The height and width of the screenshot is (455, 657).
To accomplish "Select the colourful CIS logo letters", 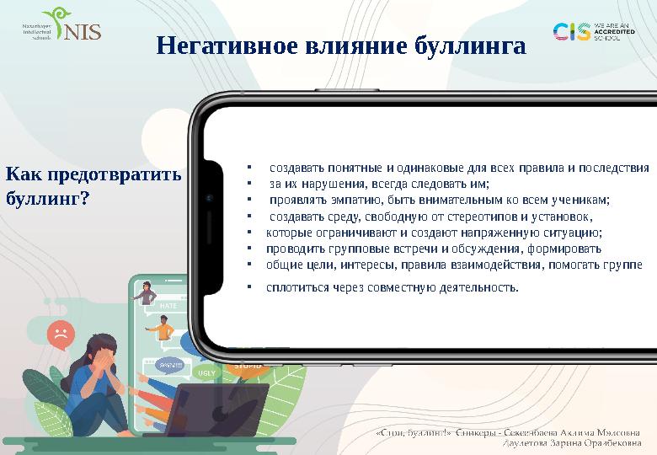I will click(x=571, y=32).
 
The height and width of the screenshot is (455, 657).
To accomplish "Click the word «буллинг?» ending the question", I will click(x=48, y=201).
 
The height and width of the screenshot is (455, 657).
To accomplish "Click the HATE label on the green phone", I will click(x=168, y=306).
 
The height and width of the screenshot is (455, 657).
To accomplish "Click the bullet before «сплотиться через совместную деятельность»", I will click(x=250, y=287).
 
